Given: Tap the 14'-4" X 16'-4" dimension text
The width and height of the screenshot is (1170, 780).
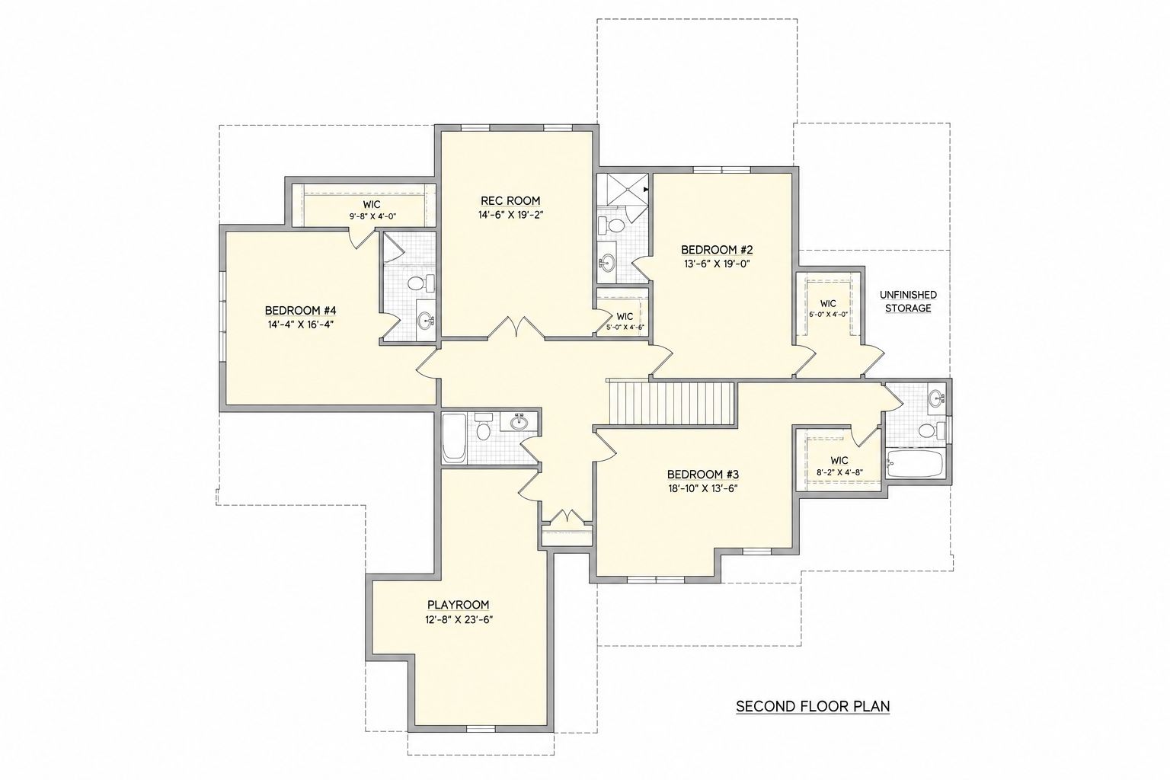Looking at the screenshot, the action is (300, 324).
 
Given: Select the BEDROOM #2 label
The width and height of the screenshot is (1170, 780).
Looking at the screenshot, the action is (716, 249).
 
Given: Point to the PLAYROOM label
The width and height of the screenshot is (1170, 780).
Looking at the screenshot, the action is (458, 605).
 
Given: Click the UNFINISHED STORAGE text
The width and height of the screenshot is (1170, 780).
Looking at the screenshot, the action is (908, 302).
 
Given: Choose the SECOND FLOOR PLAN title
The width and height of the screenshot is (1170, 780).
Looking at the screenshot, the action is (813, 706).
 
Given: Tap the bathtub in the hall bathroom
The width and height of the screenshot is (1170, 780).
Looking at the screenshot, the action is (454, 438).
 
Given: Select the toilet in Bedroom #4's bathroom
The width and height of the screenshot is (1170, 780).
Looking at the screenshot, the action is (420, 283).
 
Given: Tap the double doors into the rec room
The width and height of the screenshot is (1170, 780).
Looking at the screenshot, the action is (516, 328).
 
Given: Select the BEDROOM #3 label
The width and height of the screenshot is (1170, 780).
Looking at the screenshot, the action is (702, 475).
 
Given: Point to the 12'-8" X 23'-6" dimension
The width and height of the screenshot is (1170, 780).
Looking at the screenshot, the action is (459, 619).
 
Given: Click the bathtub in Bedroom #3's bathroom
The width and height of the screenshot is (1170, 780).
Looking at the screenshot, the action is (914, 464).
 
